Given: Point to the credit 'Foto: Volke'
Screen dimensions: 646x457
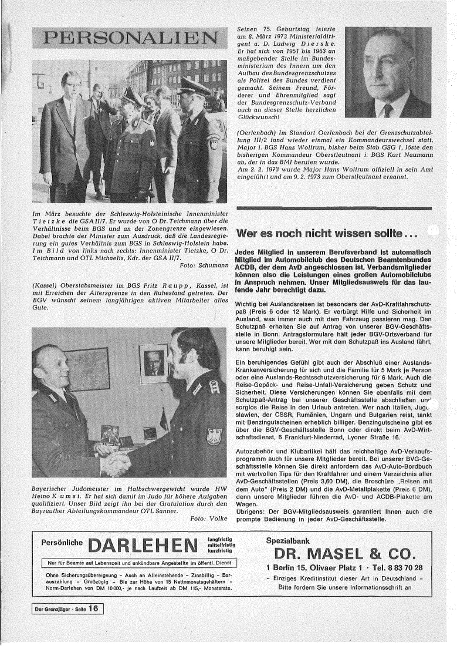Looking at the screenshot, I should tap(209, 519).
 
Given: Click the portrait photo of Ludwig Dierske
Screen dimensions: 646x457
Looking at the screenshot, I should tap(388, 73).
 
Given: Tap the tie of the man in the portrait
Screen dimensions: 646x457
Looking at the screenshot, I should tap(388, 110).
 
